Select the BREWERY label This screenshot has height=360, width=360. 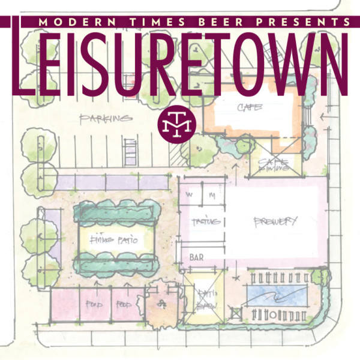[x=275, y=221]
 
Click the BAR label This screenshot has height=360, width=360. [x=196, y=257]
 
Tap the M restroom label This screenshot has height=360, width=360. [x=212, y=196]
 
